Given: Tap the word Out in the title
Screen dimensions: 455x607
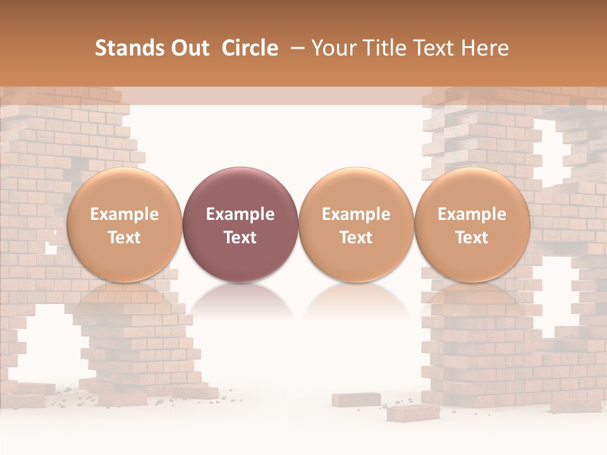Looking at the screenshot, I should (188, 48).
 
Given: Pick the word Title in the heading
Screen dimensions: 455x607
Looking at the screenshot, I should (381, 48).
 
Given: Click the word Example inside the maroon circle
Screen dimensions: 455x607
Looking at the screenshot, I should (240, 214).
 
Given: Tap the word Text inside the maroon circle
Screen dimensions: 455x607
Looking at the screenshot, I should (240, 238).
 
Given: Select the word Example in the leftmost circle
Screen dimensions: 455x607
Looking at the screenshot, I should (125, 214).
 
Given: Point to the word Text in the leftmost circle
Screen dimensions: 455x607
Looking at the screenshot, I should (125, 238).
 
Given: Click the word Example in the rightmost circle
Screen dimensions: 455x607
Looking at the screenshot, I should (472, 214).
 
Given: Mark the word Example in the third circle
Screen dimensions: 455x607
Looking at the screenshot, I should (356, 214).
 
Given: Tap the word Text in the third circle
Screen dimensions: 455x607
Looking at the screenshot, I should (356, 238).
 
